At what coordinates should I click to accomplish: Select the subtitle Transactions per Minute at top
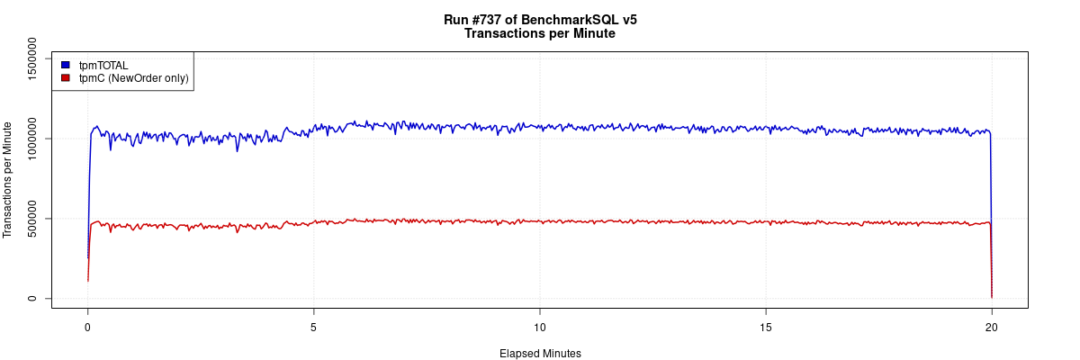[x=540, y=34]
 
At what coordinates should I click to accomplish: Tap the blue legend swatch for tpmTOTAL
[x=65, y=66]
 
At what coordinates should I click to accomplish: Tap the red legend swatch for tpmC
[x=65, y=78]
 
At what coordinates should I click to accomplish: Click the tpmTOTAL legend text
[x=103, y=66]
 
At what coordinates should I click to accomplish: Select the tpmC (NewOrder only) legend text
[x=133, y=78]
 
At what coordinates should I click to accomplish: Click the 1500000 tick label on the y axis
[x=33, y=58]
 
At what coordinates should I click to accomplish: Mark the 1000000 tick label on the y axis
[x=33, y=139]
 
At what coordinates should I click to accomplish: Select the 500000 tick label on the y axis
[x=33, y=219]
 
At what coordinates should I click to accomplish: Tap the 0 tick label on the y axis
[x=33, y=299]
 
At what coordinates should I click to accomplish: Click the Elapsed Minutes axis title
[x=540, y=354]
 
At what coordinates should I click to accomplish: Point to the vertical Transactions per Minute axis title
[x=8, y=180]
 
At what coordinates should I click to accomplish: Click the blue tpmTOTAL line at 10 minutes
[x=539, y=127]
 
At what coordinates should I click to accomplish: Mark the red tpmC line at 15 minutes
[x=765, y=221]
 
